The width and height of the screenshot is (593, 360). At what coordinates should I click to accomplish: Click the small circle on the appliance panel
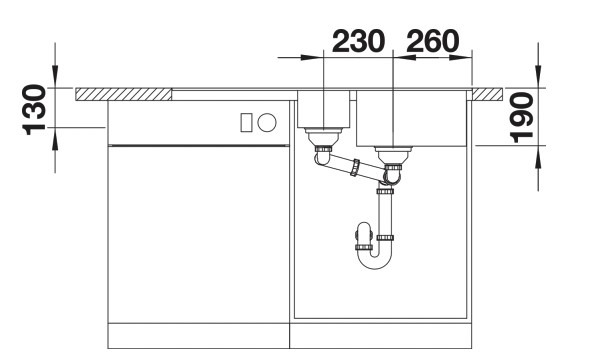click(267, 122)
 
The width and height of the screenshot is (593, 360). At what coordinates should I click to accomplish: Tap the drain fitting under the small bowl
click(322, 136)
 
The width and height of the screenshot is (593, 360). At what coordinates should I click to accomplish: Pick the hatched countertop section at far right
click(487, 94)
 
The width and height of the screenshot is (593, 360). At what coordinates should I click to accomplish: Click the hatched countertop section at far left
click(123, 94)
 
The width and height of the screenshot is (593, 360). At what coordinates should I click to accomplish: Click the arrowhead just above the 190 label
click(540, 81)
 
